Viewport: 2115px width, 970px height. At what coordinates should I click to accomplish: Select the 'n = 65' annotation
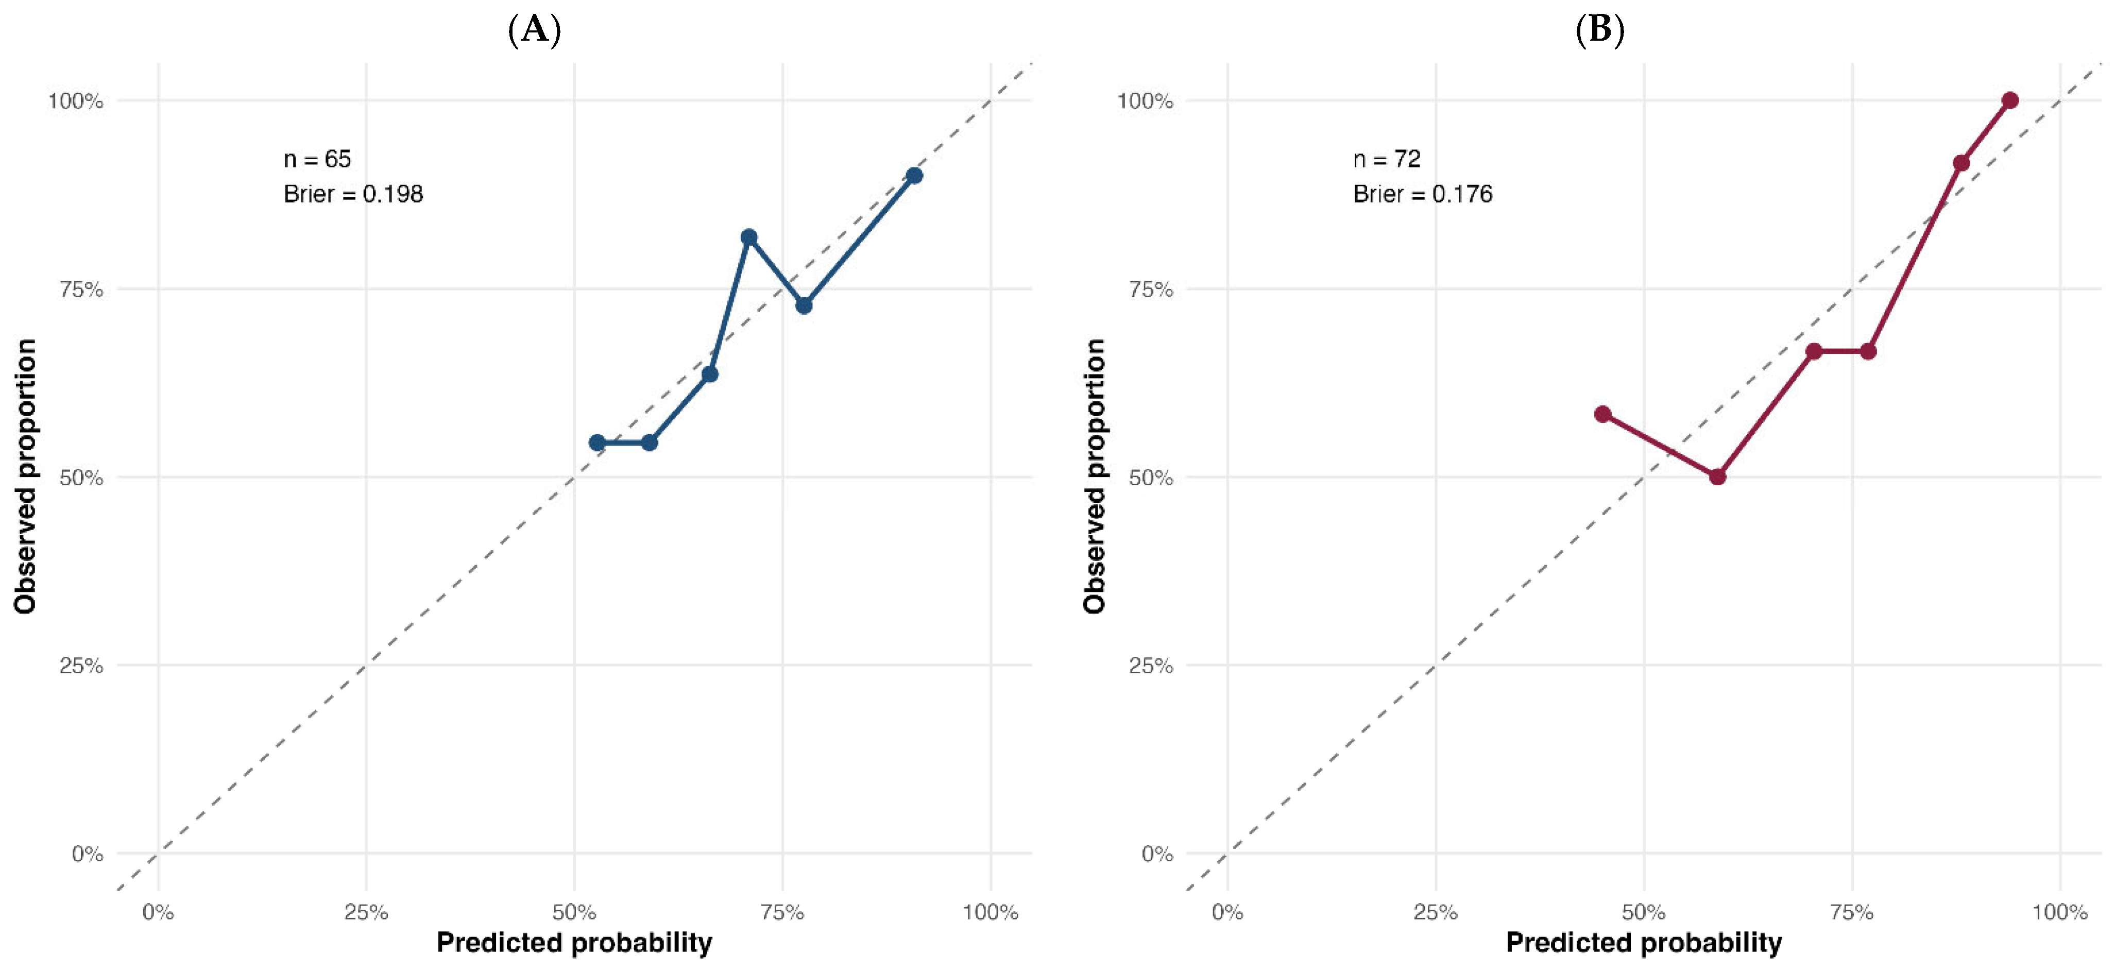[317, 159]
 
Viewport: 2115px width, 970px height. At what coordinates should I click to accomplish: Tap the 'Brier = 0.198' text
[353, 194]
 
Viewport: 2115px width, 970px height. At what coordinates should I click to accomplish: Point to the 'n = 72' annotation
[1387, 159]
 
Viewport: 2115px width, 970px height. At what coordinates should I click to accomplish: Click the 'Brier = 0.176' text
[1423, 194]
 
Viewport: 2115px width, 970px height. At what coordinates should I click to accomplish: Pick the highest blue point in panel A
[914, 176]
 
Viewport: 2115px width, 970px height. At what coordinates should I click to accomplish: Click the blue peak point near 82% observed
[749, 237]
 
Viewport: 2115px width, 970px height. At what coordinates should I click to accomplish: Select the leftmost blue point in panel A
[597, 443]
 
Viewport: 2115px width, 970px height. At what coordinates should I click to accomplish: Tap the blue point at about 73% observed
[804, 305]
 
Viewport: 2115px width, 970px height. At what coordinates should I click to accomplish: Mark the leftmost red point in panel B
[1602, 414]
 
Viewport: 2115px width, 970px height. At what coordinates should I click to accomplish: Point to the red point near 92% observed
[1962, 163]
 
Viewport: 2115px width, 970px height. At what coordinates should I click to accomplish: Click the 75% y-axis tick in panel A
[81, 289]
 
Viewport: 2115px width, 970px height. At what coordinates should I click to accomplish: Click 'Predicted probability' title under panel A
[574, 943]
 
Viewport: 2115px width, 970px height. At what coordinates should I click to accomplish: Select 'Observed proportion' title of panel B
[1095, 477]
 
